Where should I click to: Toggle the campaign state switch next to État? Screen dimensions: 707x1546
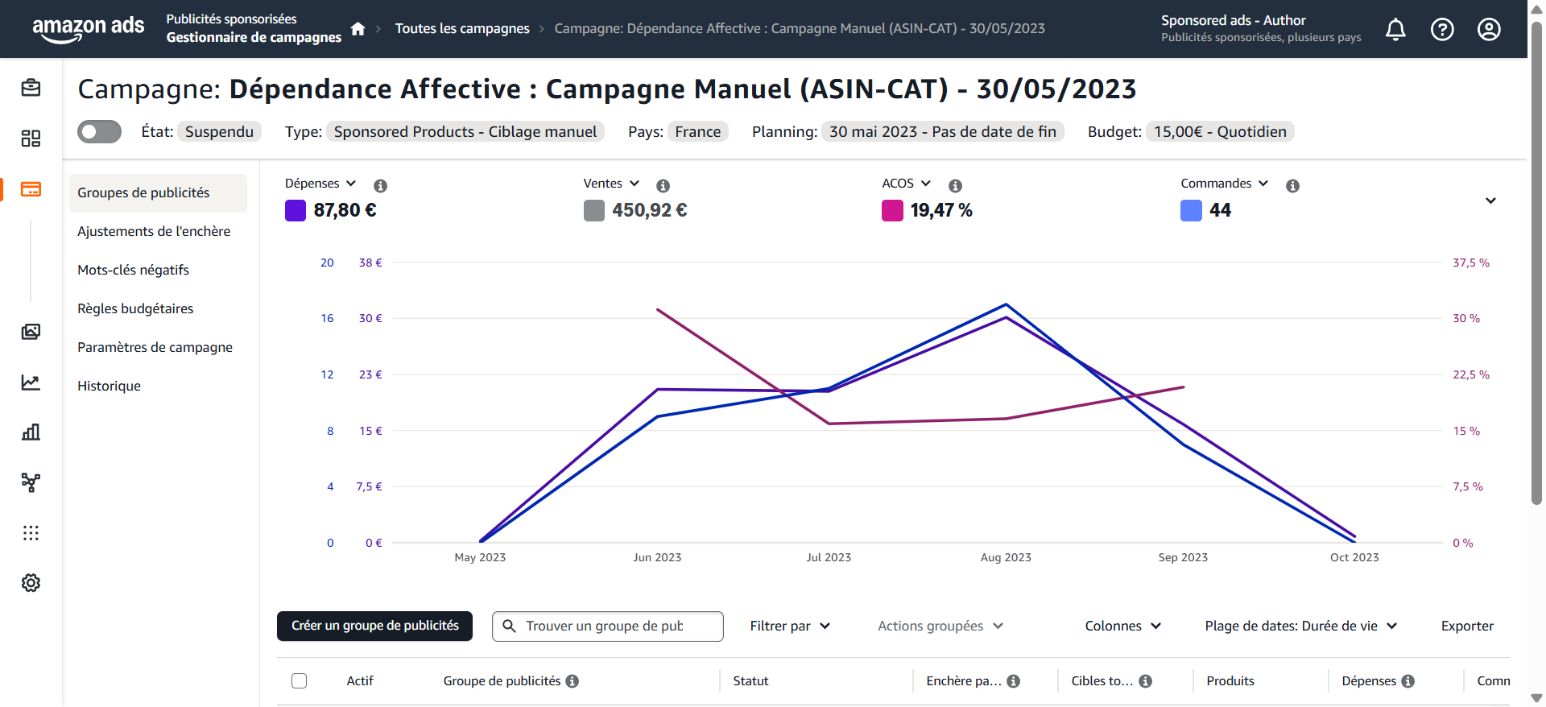coord(99,131)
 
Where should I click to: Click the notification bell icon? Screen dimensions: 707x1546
coord(1395,30)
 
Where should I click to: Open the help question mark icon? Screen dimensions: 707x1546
coord(1442,30)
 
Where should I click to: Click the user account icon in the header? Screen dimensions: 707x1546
coord(1489,30)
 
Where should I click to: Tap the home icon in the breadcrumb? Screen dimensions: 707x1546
coord(358,29)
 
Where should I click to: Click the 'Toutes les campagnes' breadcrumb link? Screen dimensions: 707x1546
coord(462,29)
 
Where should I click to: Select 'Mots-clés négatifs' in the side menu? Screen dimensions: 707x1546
coord(133,270)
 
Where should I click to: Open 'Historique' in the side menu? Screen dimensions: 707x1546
coord(109,386)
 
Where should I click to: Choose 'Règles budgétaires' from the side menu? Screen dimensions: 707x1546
coord(135,308)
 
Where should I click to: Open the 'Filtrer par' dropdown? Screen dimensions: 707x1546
coord(790,626)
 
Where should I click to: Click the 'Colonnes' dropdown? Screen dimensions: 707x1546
coord(1122,626)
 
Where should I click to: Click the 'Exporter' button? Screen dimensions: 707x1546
coord(1467,626)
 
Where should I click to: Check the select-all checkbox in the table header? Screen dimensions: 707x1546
coord(300,680)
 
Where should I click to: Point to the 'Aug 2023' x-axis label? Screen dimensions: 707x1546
coord(1006,557)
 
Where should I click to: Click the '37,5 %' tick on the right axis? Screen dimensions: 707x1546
coord(1470,263)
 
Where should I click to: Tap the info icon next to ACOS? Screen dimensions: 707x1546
coord(955,186)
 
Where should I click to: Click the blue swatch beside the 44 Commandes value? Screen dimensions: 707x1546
coord(1191,210)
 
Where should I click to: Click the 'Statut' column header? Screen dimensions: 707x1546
coord(750,680)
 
